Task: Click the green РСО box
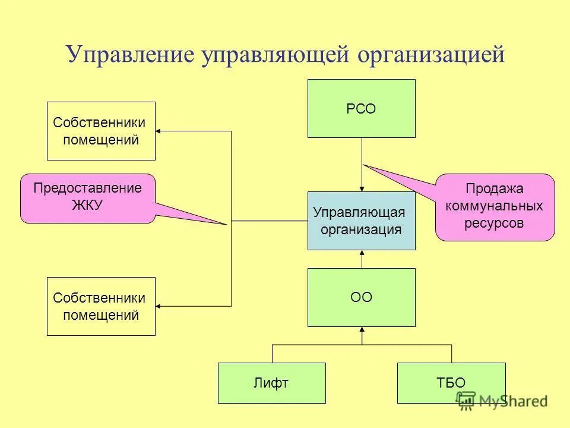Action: click(x=361, y=109)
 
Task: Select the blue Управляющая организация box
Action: click(x=361, y=221)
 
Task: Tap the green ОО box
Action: click(x=361, y=297)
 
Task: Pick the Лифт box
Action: click(x=272, y=383)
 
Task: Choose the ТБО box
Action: click(x=451, y=383)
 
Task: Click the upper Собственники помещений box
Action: click(x=101, y=131)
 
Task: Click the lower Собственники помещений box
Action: click(x=101, y=306)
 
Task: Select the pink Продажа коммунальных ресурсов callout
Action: click(x=495, y=207)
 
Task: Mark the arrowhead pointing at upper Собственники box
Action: click(x=160, y=131)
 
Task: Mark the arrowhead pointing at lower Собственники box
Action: click(x=160, y=306)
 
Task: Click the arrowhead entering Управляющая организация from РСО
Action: click(x=362, y=188)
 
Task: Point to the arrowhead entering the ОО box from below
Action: click(x=362, y=331)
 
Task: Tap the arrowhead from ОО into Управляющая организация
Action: click(x=362, y=254)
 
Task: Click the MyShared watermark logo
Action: click(x=502, y=401)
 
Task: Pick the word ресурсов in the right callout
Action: click(x=495, y=224)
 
